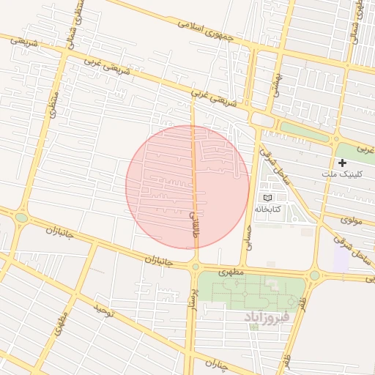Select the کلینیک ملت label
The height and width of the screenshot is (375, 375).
(342, 174)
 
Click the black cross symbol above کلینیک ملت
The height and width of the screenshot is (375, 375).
(342, 162)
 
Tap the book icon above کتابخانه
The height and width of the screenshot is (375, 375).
(267, 198)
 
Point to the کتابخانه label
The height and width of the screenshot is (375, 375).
(267, 209)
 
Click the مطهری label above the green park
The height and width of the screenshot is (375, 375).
(229, 270)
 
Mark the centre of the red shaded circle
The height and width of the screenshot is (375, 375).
(187, 187)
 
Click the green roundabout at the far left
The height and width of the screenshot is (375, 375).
(21, 217)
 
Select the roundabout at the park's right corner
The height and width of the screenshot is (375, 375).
(314, 275)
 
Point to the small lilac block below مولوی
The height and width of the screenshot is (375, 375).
(341, 256)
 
